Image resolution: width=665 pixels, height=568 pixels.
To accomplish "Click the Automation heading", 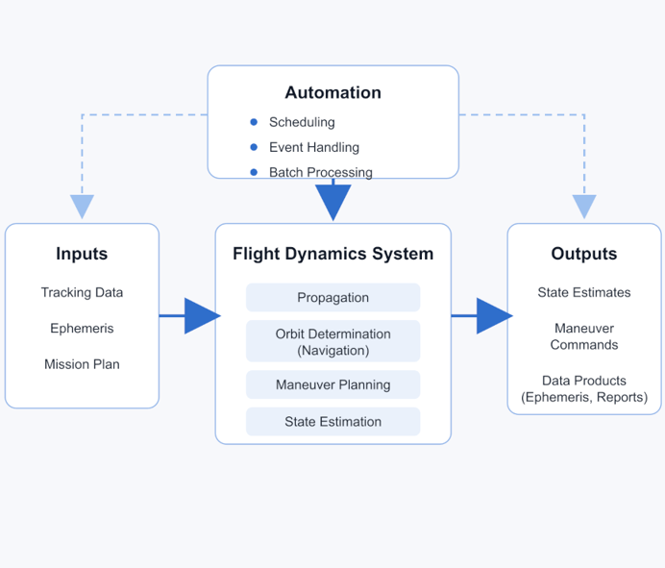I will [x=332, y=93].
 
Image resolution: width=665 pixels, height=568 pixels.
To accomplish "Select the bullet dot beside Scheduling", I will [x=254, y=122].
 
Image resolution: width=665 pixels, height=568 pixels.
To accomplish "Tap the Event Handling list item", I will [x=313, y=147].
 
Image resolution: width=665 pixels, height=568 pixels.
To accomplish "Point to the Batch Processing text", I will [x=320, y=173].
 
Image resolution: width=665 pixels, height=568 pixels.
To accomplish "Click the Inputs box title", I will [x=82, y=254].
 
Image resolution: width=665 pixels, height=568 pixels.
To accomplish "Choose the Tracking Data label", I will [x=82, y=292].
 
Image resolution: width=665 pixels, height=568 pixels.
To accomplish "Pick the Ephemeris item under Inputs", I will [x=82, y=329].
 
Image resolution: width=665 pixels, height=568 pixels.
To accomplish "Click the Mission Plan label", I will [x=82, y=364].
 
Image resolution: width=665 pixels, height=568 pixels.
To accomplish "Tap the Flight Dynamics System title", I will [x=332, y=254].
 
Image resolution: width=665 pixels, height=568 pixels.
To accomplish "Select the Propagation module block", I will [x=332, y=297].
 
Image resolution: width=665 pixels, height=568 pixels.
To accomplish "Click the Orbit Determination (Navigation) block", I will [x=332, y=342].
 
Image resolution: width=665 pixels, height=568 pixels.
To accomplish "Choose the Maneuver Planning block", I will [x=332, y=384].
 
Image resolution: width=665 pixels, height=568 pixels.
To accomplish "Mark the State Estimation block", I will [x=332, y=422].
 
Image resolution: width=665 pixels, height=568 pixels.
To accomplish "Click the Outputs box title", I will [x=583, y=254].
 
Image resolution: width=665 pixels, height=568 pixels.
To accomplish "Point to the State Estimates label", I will [x=583, y=292].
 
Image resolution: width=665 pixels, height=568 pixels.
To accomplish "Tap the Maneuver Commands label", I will [x=583, y=336].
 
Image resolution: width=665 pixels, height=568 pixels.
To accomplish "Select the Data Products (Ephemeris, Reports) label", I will [x=583, y=389].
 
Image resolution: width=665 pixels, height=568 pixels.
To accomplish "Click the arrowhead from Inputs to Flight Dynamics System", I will [x=201, y=315].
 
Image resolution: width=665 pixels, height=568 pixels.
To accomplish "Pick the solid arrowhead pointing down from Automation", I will [x=333, y=200].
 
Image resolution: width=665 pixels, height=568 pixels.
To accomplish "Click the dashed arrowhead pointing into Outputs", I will [x=584, y=206].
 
